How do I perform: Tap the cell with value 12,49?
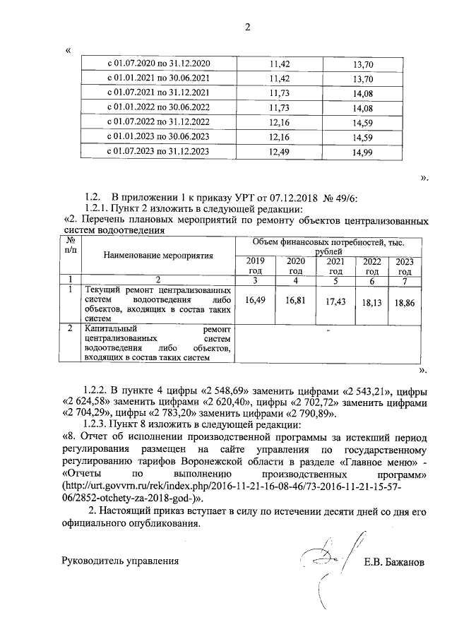pos(280,150)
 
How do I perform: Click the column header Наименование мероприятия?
pos(158,254)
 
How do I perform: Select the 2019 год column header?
pos(255,266)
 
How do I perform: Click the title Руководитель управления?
pos(121,562)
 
